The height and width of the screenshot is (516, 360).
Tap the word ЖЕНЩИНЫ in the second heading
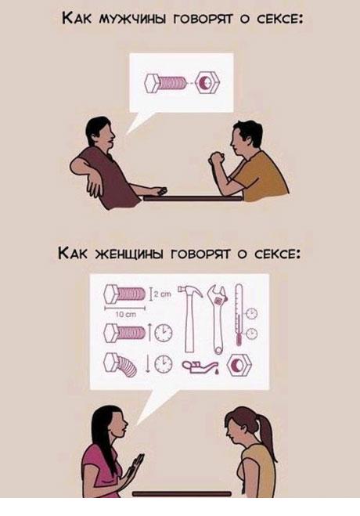130,254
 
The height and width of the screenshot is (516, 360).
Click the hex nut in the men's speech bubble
207,83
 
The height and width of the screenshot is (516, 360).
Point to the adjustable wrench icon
218,319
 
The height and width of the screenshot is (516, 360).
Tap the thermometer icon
239,314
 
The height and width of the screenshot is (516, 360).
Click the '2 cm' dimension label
162,295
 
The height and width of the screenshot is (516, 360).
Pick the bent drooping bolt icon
120,366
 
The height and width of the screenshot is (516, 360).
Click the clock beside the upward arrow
164,332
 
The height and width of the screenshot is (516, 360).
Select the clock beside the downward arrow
163,364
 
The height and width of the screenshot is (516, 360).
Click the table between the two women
182,493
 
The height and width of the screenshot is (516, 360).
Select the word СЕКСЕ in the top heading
279,19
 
